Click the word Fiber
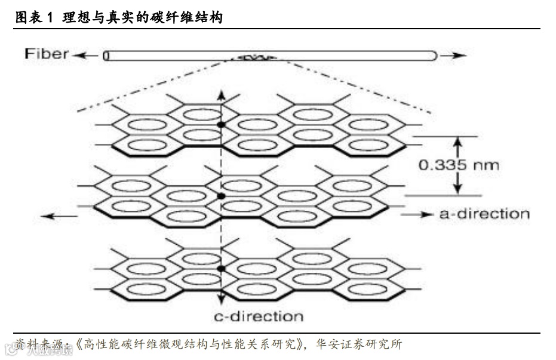pyautogui.click(x=47, y=54)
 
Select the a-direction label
pyautogui.click(x=484, y=213)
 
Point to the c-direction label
pyautogui.click(x=259, y=316)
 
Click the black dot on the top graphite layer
pyautogui.click(x=221, y=124)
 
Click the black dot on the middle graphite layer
pyautogui.click(x=221, y=196)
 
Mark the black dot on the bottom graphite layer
pyautogui.click(x=221, y=269)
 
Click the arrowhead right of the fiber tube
pyautogui.click(x=457, y=56)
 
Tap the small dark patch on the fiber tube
pyautogui.click(x=257, y=58)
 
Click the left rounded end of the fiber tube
pyautogui.click(x=106, y=56)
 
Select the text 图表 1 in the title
pyautogui.click(x=34, y=18)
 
